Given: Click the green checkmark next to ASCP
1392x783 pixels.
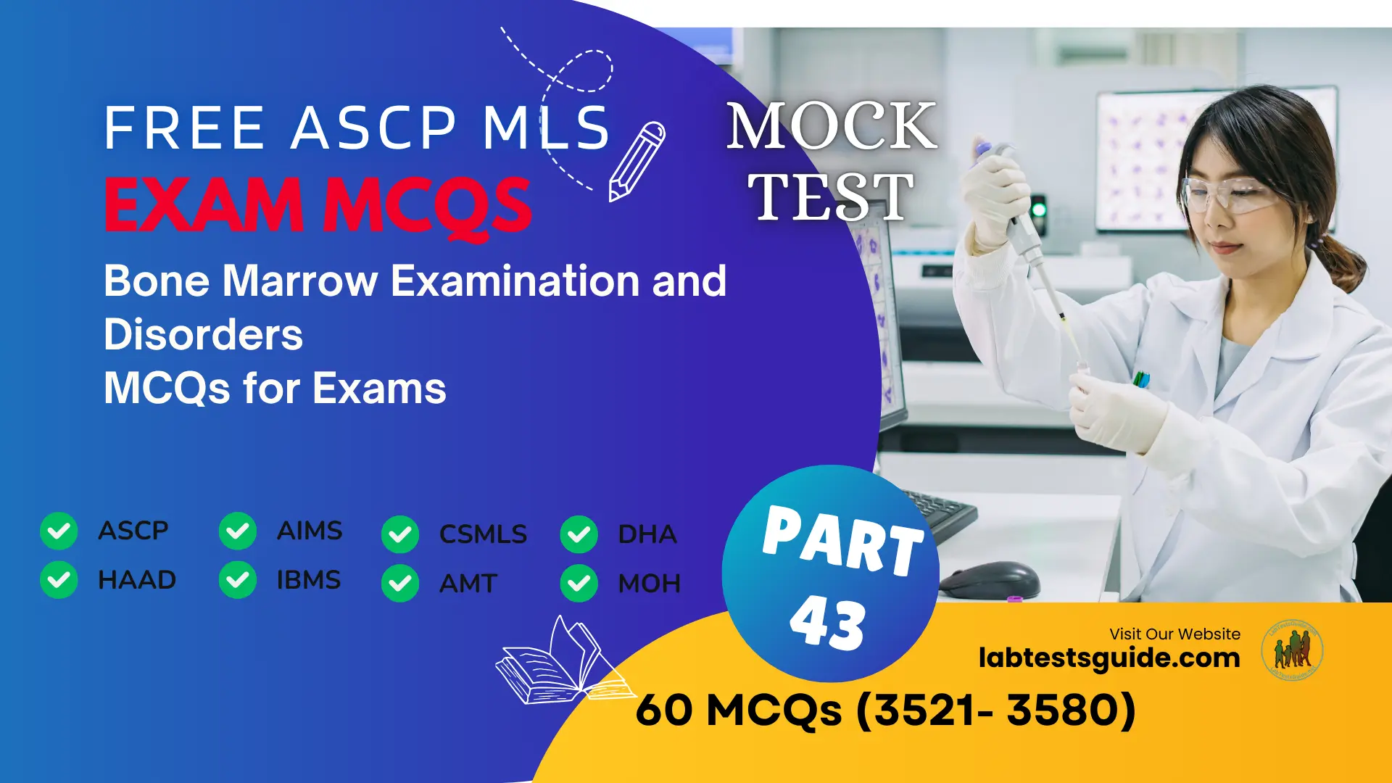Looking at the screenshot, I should [59, 531].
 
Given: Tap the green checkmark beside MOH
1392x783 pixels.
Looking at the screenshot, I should [579, 583].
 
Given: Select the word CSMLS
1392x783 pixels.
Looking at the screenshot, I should [483, 534].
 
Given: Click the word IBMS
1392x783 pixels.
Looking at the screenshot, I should [308, 580].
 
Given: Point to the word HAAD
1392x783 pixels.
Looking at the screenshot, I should [137, 580].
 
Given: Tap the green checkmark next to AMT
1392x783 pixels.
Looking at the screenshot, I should [400, 583].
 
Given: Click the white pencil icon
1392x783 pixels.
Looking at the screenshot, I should [636, 161].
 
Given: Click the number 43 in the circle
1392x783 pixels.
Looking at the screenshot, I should [827, 623].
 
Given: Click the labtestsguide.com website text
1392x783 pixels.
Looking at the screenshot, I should [1109, 658].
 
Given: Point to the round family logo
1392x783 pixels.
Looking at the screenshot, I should [1292, 650].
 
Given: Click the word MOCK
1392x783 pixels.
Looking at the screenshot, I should [832, 127].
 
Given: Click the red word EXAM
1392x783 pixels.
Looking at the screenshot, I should [204, 205].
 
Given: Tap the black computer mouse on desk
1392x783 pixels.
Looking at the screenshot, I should [990, 581].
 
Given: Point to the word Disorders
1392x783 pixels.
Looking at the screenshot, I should [203, 335].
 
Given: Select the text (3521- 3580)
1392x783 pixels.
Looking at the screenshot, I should [996, 710].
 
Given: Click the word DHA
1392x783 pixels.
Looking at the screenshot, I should [647, 534].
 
